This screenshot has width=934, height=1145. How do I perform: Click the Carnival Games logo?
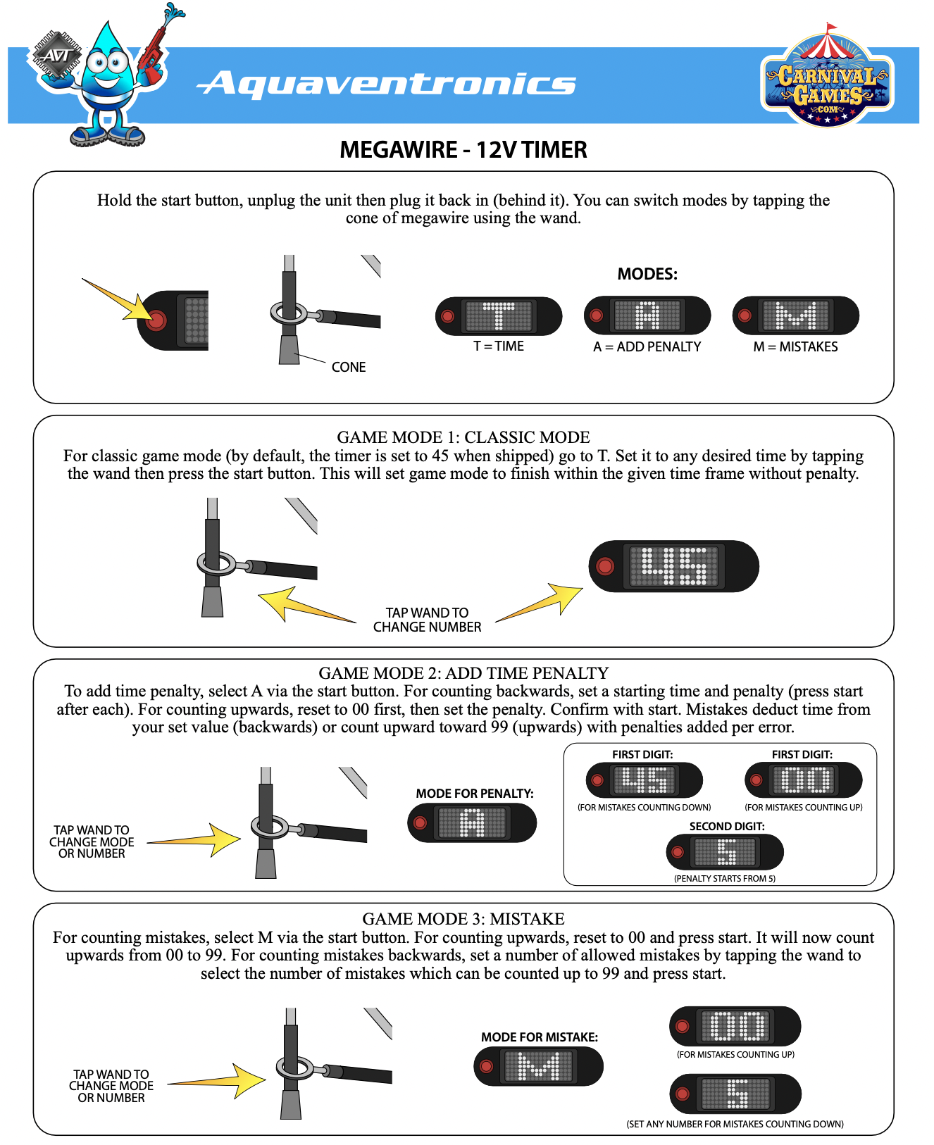[828, 79]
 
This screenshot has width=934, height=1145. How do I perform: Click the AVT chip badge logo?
[56, 55]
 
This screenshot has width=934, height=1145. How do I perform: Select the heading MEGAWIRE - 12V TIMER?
[463, 150]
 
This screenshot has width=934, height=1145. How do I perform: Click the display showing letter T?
[499, 316]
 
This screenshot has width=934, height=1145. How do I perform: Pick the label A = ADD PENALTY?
[647, 346]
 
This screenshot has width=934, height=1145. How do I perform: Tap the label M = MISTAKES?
[795, 346]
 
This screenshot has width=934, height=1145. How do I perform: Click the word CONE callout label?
[349, 367]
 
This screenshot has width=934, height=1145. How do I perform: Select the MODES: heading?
[647, 274]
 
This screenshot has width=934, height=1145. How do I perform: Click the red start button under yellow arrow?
[156, 320]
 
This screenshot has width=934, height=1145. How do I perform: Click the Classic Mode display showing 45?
[674, 566]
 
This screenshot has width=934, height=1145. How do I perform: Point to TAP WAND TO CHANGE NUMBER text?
[427, 620]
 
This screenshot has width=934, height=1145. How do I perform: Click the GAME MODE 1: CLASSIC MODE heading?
[463, 437]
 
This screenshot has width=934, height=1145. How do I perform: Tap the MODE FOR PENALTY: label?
[474, 794]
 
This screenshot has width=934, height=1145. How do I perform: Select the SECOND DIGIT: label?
[726, 826]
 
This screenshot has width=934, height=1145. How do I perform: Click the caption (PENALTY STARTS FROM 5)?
[724, 878]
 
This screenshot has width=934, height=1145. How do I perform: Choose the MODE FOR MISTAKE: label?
[539, 1037]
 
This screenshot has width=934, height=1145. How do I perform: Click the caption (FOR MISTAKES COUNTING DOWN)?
[644, 808]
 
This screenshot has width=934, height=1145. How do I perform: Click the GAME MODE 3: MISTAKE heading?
[463, 919]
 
